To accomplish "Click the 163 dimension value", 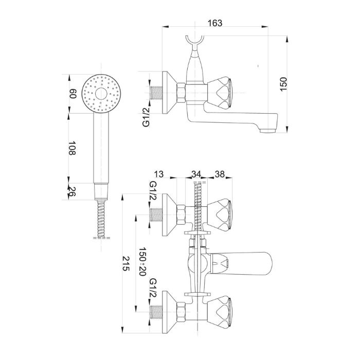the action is click(215, 23).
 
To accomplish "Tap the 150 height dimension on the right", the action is click(283, 84).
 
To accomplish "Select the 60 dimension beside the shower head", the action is click(73, 94).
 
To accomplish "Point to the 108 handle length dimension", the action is click(72, 148).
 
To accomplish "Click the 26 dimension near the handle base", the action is click(71, 191).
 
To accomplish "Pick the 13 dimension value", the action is click(158, 174).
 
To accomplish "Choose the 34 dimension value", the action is click(196, 174).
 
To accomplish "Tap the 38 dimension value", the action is click(220, 174).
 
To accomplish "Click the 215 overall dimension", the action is click(126, 263).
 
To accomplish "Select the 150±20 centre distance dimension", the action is click(143, 261).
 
